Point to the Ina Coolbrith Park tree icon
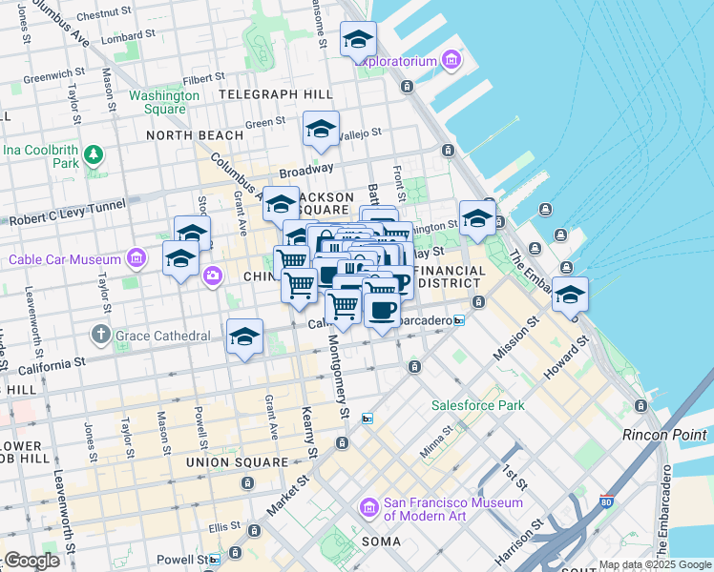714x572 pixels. pyautogui.click(x=94, y=153)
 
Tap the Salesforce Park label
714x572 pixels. pyautogui.click(x=478, y=405)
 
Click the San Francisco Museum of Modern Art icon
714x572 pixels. pyautogui.click(x=367, y=509)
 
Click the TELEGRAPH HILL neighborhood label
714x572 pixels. pyautogui.click(x=275, y=94)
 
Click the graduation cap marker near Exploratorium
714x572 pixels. pyautogui.click(x=358, y=39)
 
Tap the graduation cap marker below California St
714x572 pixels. pyautogui.click(x=244, y=337)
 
